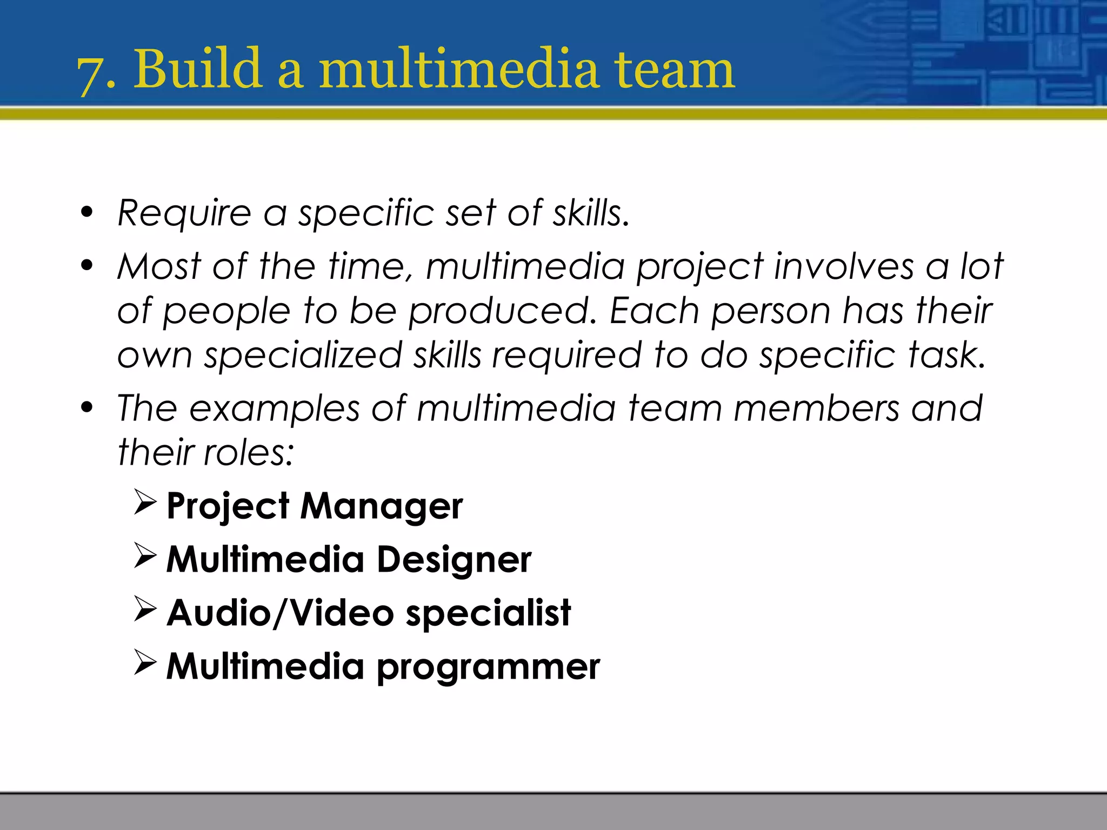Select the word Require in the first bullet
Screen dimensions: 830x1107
184,214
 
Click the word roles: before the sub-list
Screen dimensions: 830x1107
248,452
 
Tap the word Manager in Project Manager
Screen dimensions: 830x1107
381,506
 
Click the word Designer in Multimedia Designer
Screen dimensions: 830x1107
454,560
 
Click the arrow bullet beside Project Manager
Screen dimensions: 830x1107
145,503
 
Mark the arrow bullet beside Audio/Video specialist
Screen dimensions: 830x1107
145,610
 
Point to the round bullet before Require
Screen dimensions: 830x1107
86,212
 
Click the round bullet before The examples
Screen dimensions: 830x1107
86,407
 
